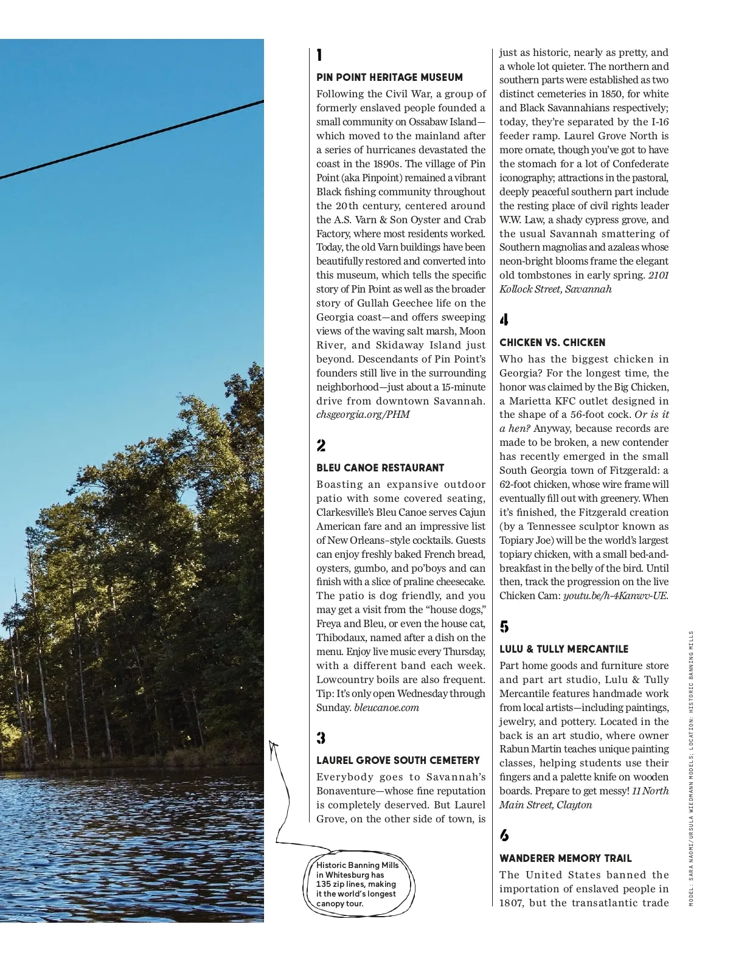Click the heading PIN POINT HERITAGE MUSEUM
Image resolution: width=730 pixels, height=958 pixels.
pos(389,77)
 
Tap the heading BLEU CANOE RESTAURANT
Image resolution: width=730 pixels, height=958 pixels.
pos(380,468)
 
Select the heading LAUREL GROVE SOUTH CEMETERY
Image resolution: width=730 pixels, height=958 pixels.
pos(398,760)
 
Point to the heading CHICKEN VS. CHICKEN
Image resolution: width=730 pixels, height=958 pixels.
pos(552,342)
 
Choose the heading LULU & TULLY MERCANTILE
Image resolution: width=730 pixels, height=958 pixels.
pos(564,649)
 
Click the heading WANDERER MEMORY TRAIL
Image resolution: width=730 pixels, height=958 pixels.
pos(566,858)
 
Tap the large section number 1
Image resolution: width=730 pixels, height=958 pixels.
pos(319,55)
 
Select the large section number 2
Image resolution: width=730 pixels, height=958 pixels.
pos(321,446)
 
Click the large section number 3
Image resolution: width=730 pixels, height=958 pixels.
pos(321,738)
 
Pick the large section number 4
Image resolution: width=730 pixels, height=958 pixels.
pos(504,320)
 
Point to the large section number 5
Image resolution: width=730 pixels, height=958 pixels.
pos(504,627)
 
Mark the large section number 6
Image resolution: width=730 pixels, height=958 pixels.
pos(504,836)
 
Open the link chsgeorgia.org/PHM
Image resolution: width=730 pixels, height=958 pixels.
pos(363,415)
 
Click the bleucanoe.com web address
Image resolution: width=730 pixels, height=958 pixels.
pos(386,708)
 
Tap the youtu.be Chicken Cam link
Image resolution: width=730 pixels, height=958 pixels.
pos(615,596)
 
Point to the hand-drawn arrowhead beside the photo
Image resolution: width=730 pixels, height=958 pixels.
pos(273,745)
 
